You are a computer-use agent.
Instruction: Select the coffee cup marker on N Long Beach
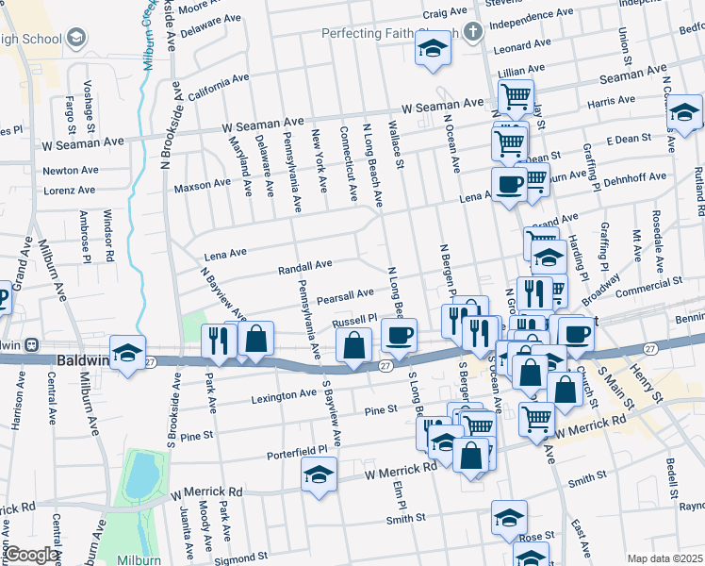(398, 336)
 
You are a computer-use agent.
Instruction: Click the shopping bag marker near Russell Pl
(353, 346)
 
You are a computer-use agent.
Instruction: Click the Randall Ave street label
(304, 268)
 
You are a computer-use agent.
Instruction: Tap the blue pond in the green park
(140, 474)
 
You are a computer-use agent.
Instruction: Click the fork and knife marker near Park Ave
(219, 341)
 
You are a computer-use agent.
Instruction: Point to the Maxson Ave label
(202, 185)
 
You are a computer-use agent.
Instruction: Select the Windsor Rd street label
(109, 235)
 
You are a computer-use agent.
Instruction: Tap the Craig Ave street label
(445, 13)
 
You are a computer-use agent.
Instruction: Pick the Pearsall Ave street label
(345, 297)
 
